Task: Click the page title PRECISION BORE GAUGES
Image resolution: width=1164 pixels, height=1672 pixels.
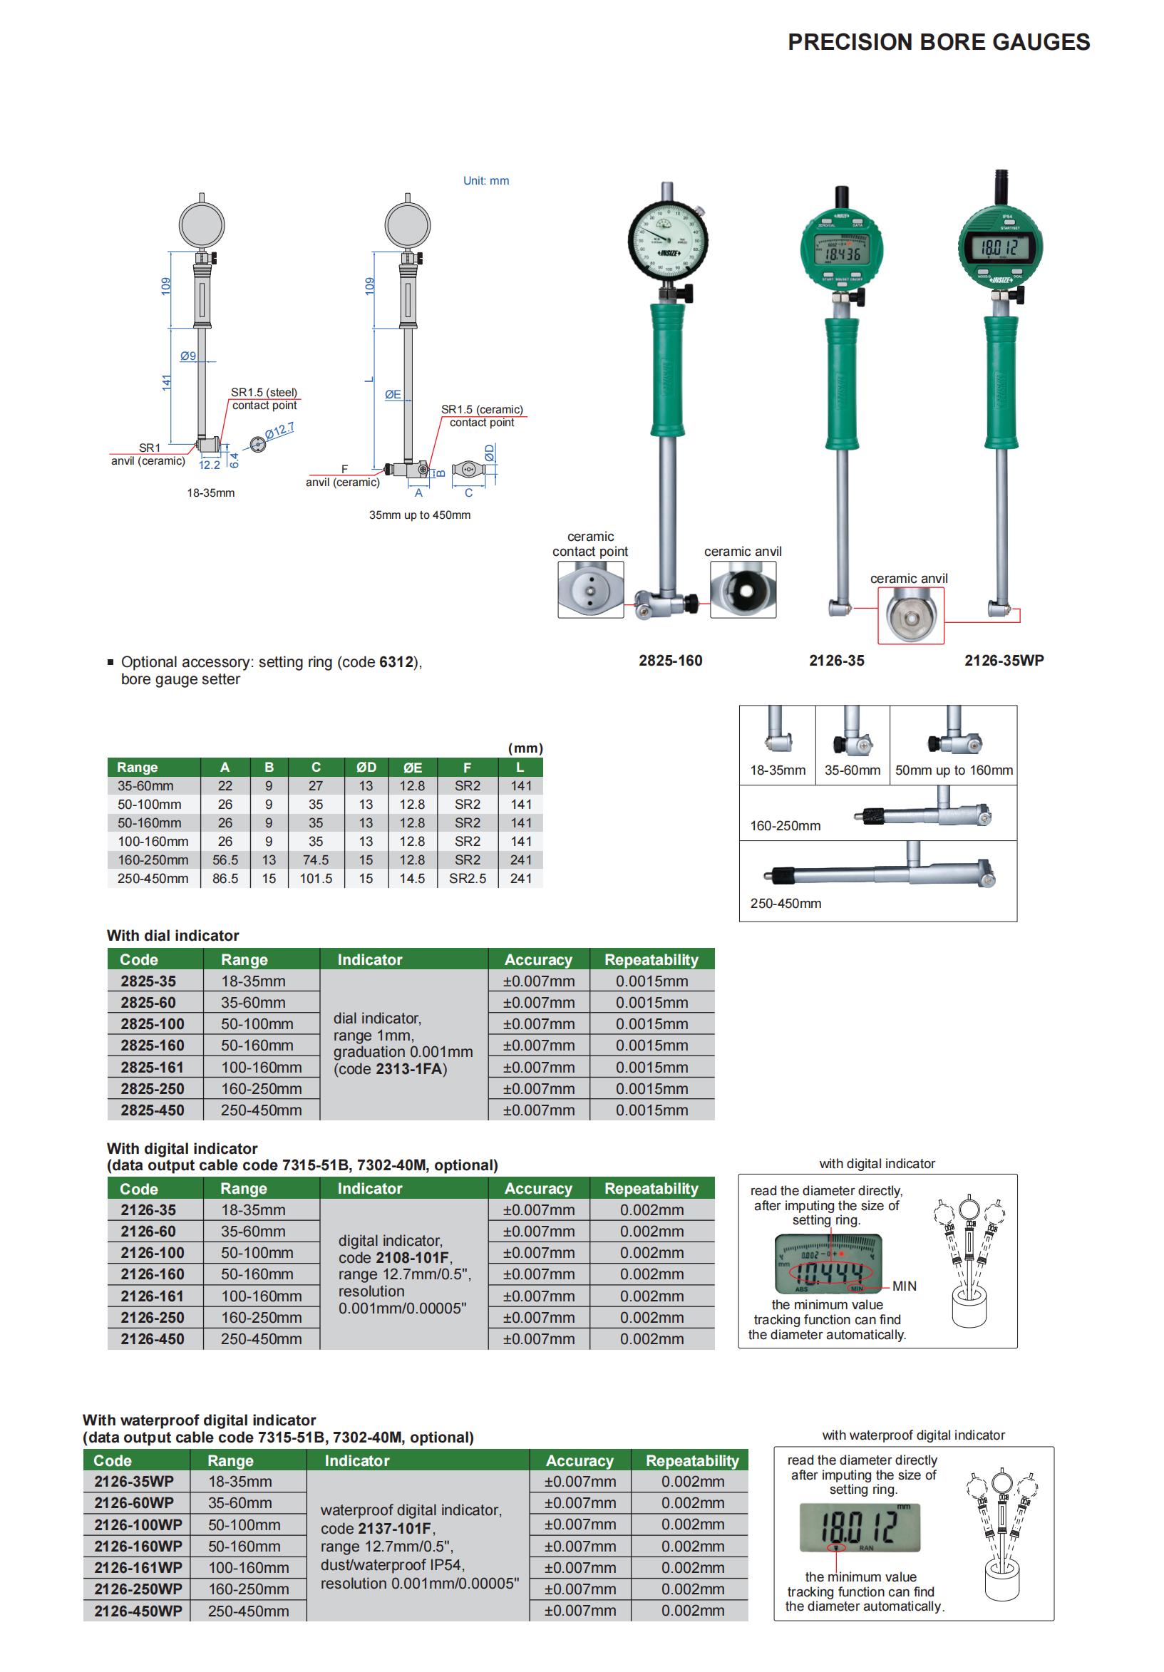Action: (938, 42)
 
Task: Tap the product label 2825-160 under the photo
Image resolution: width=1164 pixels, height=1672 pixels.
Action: (670, 661)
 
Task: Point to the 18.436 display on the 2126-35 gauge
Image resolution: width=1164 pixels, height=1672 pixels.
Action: (842, 254)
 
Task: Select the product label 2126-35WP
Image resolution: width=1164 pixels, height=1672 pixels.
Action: (1004, 661)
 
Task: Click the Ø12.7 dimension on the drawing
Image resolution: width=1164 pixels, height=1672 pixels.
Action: (279, 430)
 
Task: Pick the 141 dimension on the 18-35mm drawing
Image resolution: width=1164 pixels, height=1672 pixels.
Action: (167, 382)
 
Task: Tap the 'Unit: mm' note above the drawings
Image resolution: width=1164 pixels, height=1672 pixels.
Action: (486, 180)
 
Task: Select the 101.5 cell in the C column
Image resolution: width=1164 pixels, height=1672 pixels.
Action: (315, 878)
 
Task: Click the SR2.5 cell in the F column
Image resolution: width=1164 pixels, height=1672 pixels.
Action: (467, 878)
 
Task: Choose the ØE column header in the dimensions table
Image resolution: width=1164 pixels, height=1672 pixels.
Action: (412, 767)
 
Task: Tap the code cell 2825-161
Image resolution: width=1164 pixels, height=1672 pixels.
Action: (153, 1068)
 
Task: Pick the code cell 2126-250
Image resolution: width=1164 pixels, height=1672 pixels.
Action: (153, 1317)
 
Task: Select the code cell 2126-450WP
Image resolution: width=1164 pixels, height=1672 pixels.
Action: (138, 1611)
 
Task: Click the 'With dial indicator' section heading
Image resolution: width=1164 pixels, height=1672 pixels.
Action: (172, 936)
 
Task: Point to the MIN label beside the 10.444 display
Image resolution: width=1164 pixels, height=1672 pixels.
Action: (904, 1286)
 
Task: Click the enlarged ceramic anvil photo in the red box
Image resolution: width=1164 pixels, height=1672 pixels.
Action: (910, 616)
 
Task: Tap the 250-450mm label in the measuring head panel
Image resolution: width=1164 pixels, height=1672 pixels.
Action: (786, 903)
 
